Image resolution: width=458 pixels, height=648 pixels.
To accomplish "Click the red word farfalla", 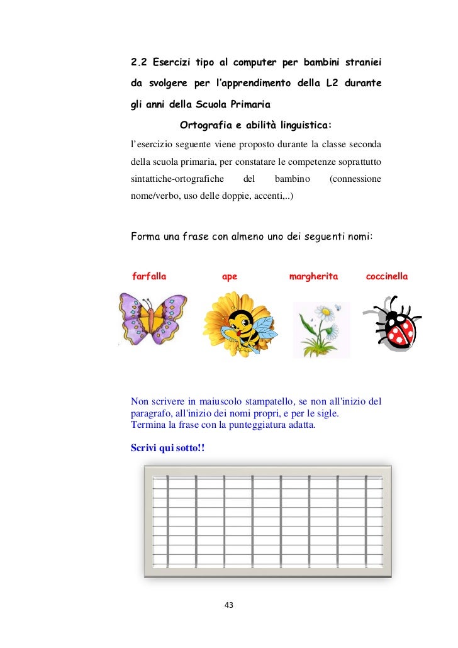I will [x=149, y=276].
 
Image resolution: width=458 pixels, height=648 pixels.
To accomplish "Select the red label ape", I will [x=230, y=276].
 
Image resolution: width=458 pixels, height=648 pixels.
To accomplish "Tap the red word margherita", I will [x=313, y=276].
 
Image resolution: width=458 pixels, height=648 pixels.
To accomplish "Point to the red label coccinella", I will [x=386, y=276].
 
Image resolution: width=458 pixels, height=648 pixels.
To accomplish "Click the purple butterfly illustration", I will [x=152, y=318].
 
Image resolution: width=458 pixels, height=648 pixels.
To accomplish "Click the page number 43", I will [x=228, y=605].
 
